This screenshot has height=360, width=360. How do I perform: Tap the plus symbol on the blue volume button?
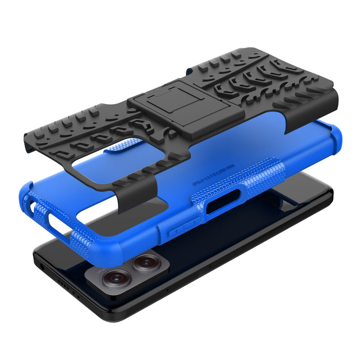[193, 222]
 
